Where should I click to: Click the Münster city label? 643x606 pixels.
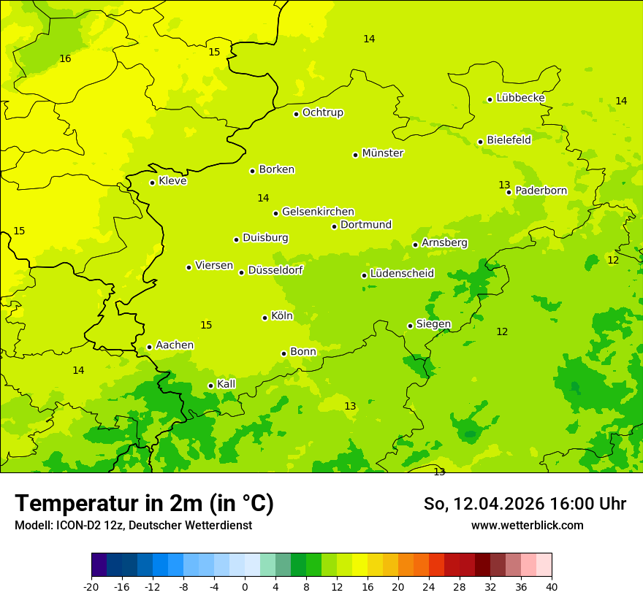383,153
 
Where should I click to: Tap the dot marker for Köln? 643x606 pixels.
265,318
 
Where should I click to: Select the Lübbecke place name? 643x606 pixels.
520,98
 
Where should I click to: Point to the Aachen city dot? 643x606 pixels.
149,347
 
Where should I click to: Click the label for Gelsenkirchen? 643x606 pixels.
318,212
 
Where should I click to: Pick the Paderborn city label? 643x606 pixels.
541,191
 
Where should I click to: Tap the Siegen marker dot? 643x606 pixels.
410,326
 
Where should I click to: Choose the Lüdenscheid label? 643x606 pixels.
402,274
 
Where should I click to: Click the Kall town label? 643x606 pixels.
226,384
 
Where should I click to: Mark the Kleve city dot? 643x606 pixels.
152,183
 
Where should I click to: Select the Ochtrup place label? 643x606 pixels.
322,112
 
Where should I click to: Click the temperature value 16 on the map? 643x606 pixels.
65,58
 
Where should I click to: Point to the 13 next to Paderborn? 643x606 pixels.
504,185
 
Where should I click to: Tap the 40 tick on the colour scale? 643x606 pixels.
552,587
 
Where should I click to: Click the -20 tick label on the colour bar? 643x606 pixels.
91,587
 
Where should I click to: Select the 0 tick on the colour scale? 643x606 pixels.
245,587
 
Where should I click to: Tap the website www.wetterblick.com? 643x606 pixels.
527,526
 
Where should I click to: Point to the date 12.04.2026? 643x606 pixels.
500,504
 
